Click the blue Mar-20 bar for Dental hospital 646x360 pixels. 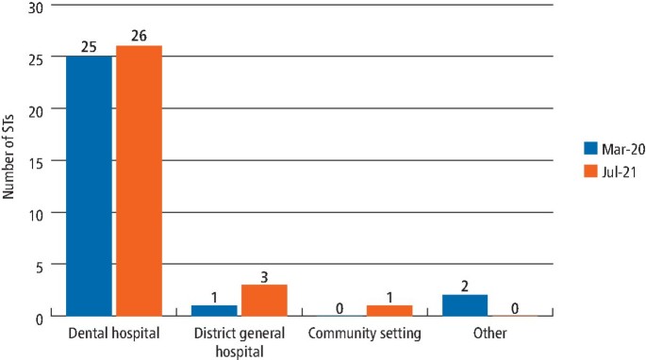tap(89, 186)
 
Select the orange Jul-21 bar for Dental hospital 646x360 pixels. tap(140, 181)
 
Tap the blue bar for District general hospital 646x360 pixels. tap(215, 311)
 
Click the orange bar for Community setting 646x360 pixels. tap(389, 311)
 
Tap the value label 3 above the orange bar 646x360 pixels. tap(265, 277)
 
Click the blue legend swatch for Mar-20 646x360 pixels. tap(590, 148)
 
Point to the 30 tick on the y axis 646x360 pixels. tap(36, 8)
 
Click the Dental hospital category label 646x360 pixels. tap(113, 334)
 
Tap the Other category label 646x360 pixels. tap(489, 334)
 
